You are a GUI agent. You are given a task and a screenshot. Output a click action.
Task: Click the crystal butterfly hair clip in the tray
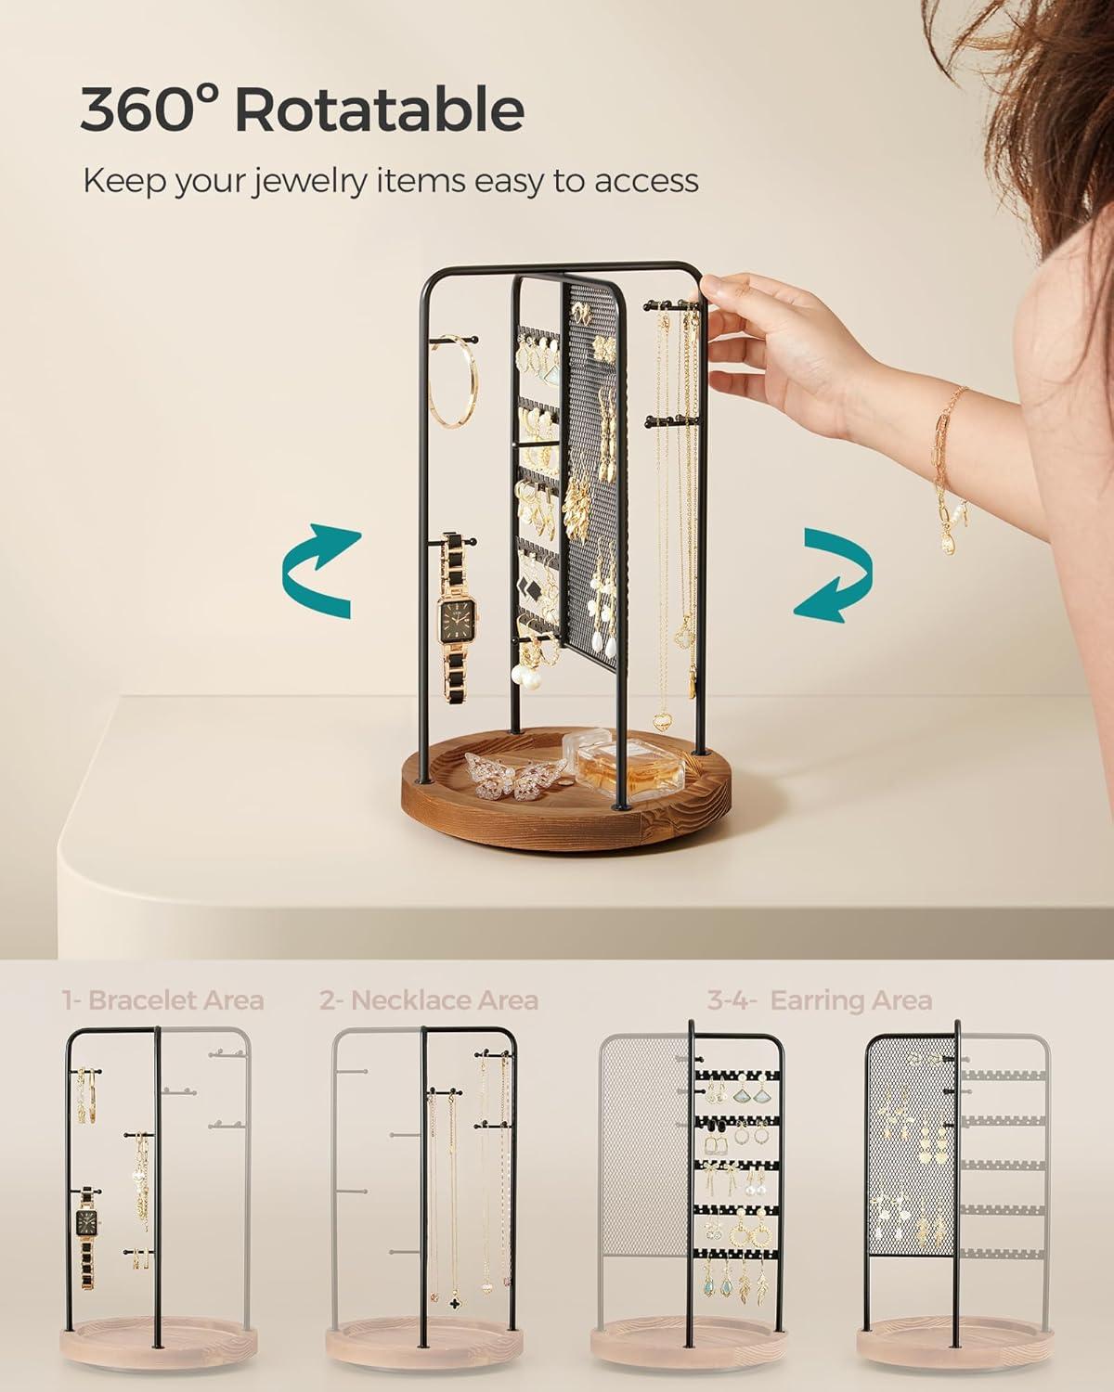pyautogui.click(x=514, y=772)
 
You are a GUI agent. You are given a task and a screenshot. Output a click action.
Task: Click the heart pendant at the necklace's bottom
pyautogui.click(x=661, y=720)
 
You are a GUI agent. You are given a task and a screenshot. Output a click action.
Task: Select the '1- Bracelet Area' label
pyautogui.click(x=163, y=1000)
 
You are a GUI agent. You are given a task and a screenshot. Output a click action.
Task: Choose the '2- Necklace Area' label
pyautogui.click(x=429, y=1000)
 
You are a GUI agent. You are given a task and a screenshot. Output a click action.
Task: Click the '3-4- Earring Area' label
pyautogui.click(x=820, y=1000)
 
